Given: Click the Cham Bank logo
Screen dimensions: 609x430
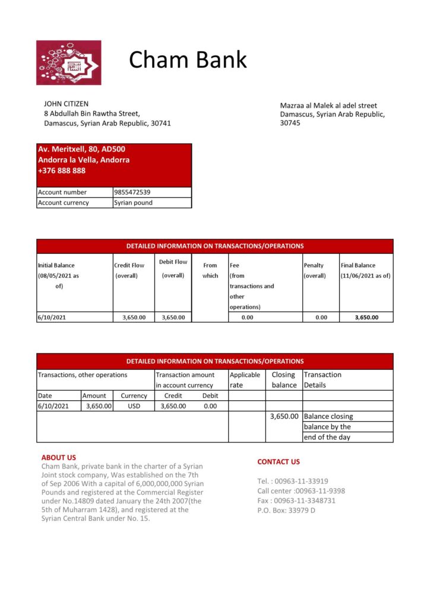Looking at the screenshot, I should pyautogui.click(x=68, y=62).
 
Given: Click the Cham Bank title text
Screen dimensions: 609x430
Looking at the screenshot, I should pyautogui.click(x=188, y=59).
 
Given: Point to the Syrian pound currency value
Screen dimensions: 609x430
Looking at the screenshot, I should pyautogui.click(x=133, y=203).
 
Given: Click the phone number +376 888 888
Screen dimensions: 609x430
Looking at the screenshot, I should pyautogui.click(x=62, y=171).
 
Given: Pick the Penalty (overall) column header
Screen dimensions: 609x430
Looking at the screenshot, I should pyautogui.click(x=314, y=271).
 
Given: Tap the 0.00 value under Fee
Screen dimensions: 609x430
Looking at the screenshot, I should pyautogui.click(x=247, y=318).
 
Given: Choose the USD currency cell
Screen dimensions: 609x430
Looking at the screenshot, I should pyautogui.click(x=134, y=406).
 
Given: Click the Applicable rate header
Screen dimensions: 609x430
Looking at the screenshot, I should pyautogui.click(x=245, y=379).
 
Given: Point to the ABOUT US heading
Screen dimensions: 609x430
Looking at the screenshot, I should pyautogui.click(x=59, y=457).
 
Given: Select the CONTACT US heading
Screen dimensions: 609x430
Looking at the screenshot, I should pyautogui.click(x=279, y=462).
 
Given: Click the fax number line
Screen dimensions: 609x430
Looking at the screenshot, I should pyautogui.click(x=296, y=501).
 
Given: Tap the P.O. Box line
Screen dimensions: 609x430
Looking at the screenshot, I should pyautogui.click(x=286, y=510).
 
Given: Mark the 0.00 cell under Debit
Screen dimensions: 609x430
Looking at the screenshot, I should pyautogui.click(x=210, y=406).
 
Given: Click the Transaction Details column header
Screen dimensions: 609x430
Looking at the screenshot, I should pyautogui.click(x=322, y=379).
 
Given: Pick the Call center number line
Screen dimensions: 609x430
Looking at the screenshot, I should pyautogui.click(x=301, y=491).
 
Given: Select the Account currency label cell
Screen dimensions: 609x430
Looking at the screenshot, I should pyautogui.click(x=64, y=203).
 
